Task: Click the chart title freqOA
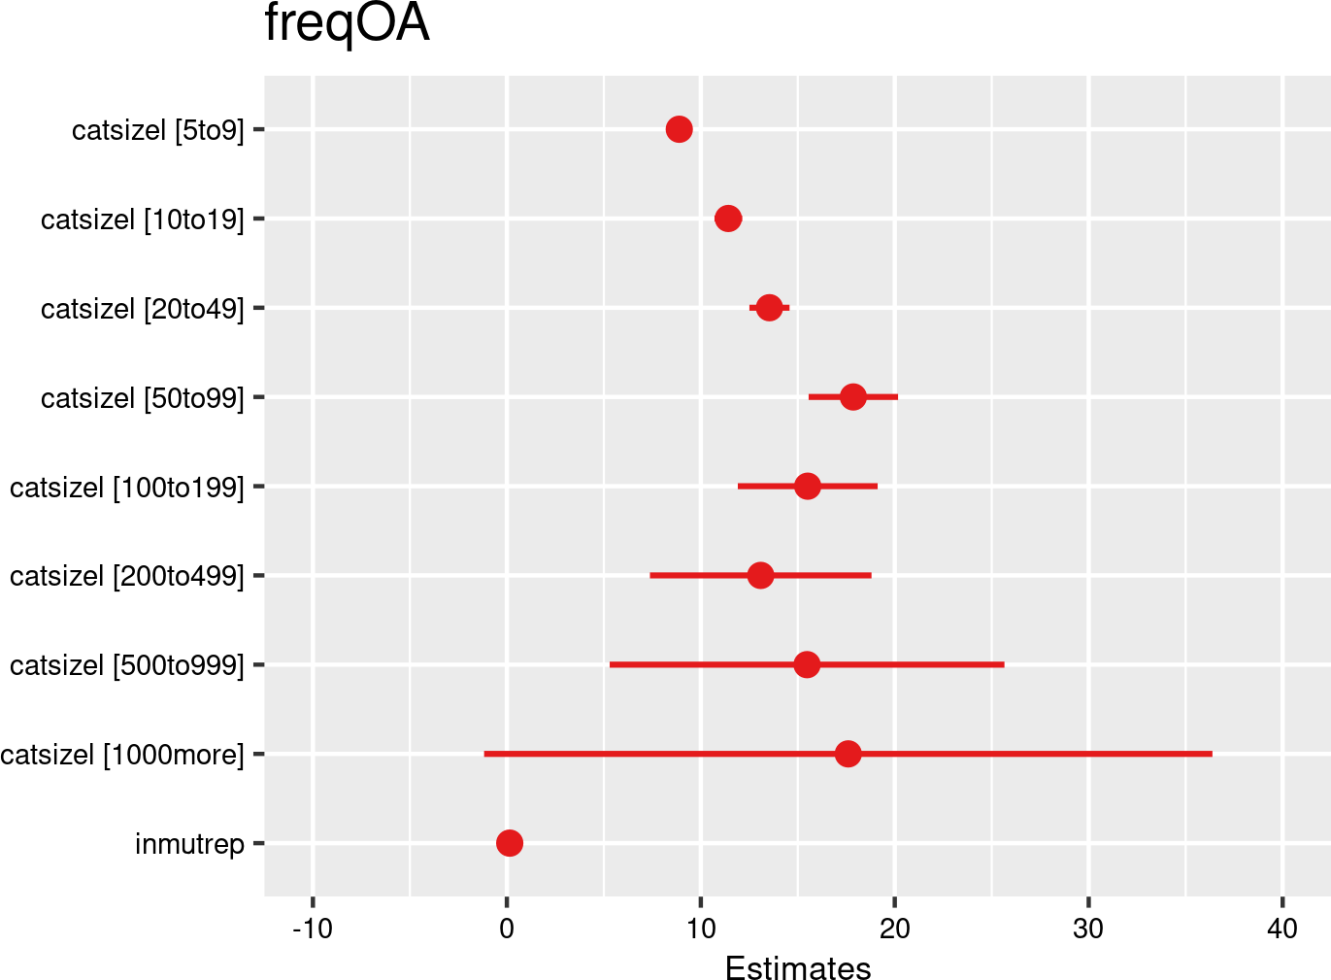pos(347,24)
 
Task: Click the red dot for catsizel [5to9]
pos(679,129)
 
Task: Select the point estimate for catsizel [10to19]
pos(728,219)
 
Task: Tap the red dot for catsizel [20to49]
pos(769,308)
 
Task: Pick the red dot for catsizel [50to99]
pos(852,397)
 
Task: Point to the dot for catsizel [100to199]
pos(807,486)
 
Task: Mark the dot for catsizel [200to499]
pos(760,575)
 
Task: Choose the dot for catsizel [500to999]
pos(806,664)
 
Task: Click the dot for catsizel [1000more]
pos(848,754)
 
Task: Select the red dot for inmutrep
pos(509,843)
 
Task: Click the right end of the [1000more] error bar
pos(1211,754)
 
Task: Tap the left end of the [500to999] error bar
pos(611,664)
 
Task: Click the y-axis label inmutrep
pos(189,844)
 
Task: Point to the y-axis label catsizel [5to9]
pos(157,130)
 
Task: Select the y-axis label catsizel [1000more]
pos(122,755)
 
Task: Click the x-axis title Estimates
pos(798,968)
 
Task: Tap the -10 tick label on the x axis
pos(313,929)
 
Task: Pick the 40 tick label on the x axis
pos(1282,929)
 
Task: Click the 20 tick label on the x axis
pos(894,929)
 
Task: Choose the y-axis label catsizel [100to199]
pos(127,487)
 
